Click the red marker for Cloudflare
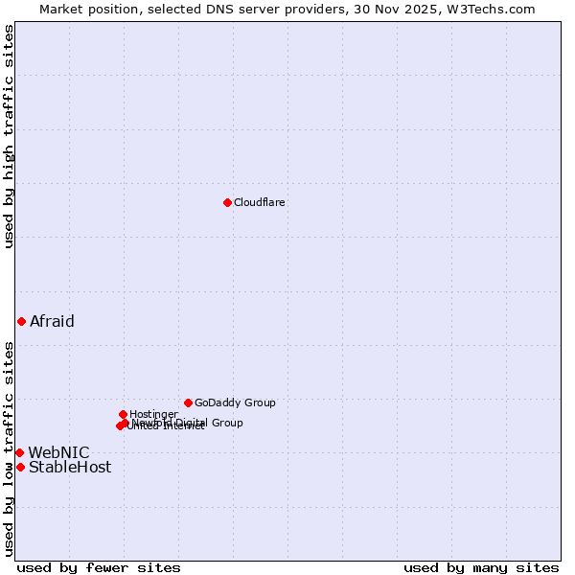coord(227,202)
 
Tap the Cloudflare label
coord(259,203)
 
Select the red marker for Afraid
coord(21,321)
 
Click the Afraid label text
coord(52,322)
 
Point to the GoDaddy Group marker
coord(188,402)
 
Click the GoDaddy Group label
coord(235,403)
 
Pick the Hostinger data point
coord(123,414)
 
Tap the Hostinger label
coord(153,415)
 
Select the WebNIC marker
coord(19,452)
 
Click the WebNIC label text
coord(58,453)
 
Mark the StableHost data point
coord(20,467)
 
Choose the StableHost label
coord(70,468)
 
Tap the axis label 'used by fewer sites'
coord(99,568)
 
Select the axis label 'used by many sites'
coord(481,568)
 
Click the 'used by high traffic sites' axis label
coord(9,136)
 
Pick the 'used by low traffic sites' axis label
coord(9,448)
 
